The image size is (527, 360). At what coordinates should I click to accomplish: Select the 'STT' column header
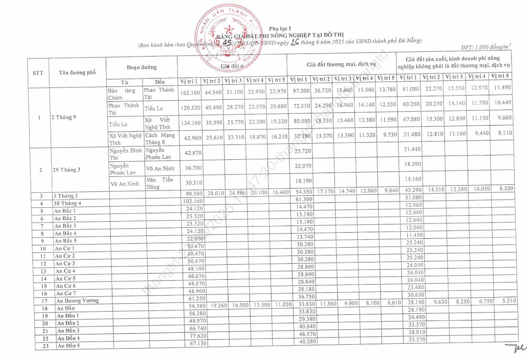pyautogui.click(x=38, y=73)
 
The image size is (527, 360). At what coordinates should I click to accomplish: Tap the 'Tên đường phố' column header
pyautogui.click(x=77, y=72)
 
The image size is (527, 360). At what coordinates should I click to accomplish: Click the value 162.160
pyautogui.click(x=190, y=93)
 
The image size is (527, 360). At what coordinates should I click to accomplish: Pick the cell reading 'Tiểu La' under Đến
pyautogui.click(x=153, y=108)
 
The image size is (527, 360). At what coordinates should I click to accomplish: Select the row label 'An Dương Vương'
pyautogui.click(x=78, y=301)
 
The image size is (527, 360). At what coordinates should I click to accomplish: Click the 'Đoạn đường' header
pyautogui.click(x=142, y=67)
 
